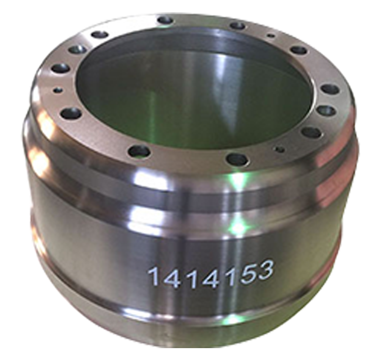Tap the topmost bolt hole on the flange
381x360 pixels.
pyautogui.click(x=165, y=20)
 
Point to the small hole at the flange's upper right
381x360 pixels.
pyautogui.click(x=270, y=36)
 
